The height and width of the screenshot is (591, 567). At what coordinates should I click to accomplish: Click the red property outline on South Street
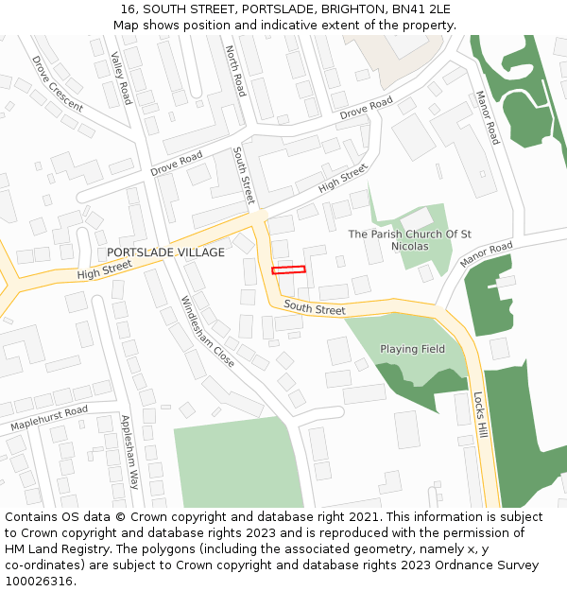288,270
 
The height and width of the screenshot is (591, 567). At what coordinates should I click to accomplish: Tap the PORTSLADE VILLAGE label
165,252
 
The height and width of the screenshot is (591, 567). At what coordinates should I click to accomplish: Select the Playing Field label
412,349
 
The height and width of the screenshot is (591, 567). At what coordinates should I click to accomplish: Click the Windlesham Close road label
207,331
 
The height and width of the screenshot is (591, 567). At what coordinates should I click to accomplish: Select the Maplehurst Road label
49,418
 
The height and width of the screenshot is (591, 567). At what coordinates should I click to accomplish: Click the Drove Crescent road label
57,83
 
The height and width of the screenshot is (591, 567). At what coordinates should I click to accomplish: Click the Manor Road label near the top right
488,117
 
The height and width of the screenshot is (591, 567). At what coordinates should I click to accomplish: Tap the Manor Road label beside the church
486,253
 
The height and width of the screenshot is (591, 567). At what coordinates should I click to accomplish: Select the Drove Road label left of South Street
176,163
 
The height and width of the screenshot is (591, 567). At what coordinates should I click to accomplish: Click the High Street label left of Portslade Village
104,271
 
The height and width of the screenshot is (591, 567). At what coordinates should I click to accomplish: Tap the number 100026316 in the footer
39,581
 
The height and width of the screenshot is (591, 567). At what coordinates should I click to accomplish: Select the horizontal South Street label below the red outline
315,308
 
